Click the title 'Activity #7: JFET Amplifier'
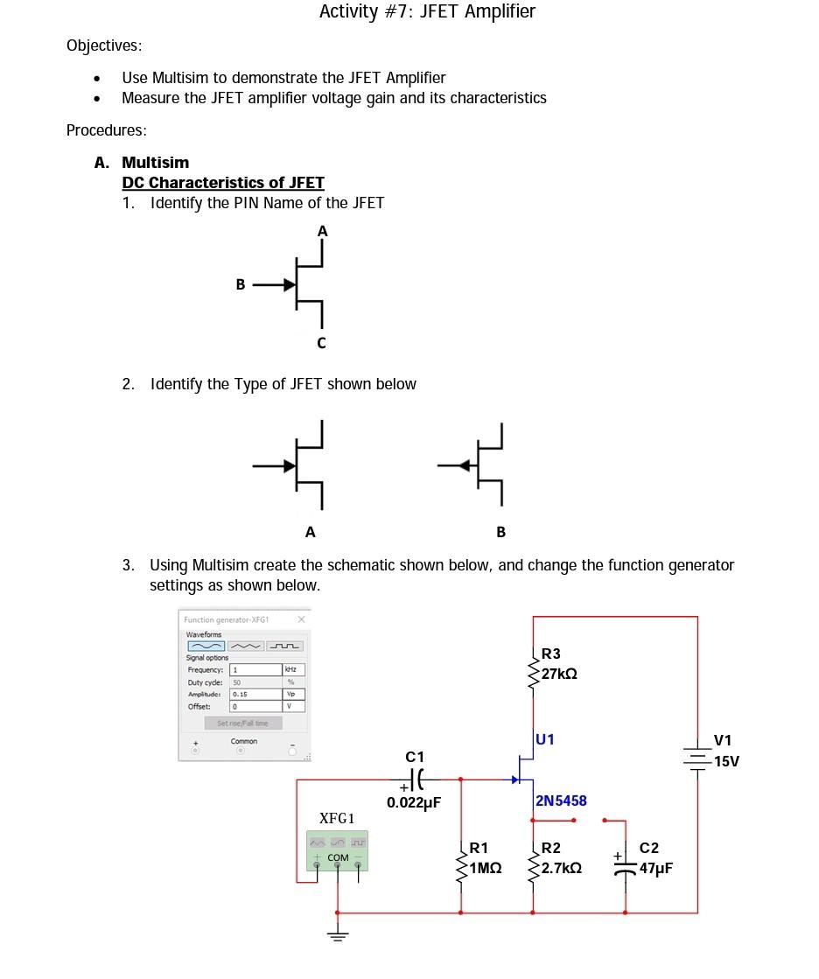tap(427, 11)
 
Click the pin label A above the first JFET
tap(322, 231)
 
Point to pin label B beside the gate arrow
tap(241, 284)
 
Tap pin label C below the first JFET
tap(321, 344)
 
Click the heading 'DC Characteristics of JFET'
tap(223, 183)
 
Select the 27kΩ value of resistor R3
tap(560, 675)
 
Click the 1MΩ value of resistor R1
tap(486, 869)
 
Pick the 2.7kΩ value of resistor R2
tap(562, 869)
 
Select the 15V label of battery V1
tap(726, 761)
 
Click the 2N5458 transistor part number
tap(561, 801)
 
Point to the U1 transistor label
tap(544, 739)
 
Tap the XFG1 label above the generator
tap(337, 819)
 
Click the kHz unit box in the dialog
tap(292, 669)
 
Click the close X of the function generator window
tap(301, 619)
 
